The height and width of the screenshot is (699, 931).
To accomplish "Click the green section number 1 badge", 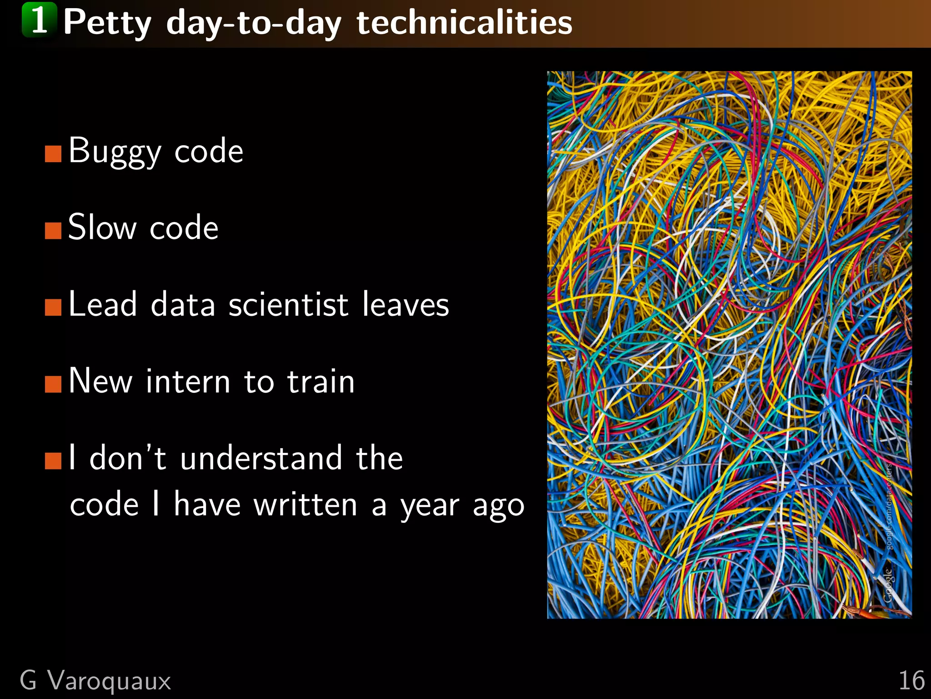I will click(x=40, y=20).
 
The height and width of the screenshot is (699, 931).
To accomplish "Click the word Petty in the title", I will click(x=107, y=23).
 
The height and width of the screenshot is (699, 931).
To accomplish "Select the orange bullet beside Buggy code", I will click(x=53, y=154).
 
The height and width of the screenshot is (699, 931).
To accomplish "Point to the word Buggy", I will click(x=115, y=151).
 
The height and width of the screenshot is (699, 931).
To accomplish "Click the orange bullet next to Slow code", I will click(x=53, y=231).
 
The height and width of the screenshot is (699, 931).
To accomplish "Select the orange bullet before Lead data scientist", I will click(x=53, y=308).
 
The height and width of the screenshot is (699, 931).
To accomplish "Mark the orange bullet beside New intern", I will click(x=53, y=385).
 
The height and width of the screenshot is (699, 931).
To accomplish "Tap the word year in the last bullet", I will click(x=430, y=506).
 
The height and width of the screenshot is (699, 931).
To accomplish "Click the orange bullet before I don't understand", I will click(x=53, y=461).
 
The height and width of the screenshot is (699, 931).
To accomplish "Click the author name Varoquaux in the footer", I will click(x=109, y=681).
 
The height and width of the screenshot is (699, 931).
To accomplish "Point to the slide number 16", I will click(x=911, y=681).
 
